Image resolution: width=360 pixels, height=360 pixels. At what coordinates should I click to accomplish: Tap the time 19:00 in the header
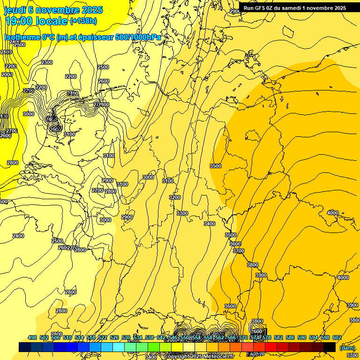point(19,21)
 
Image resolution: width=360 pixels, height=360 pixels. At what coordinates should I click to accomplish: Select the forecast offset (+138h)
point(83,21)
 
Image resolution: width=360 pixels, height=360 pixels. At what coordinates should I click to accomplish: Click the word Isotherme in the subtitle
point(22,37)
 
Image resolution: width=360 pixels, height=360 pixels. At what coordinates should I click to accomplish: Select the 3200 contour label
point(175,197)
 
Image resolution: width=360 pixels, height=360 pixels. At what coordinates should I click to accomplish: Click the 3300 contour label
point(182,213)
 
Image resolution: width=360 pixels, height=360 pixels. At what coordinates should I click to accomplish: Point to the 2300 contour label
point(47,62)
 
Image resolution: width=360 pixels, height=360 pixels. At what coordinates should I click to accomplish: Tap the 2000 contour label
point(7,75)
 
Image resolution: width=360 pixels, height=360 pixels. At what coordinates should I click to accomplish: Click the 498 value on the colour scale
point(32,337)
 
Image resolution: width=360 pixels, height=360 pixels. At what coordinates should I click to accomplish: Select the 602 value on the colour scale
point(337,337)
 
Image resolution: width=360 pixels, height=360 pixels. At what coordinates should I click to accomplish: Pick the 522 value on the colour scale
point(103,337)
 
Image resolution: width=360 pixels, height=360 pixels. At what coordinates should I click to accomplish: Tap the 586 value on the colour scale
point(290,337)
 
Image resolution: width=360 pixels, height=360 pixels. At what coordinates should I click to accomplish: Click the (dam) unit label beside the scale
point(347,347)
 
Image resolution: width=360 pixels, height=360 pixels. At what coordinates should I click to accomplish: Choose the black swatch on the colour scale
point(330,347)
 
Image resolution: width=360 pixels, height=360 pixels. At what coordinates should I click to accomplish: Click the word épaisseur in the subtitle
point(93,37)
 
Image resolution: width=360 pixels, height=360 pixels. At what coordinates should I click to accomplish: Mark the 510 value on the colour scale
point(67,337)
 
